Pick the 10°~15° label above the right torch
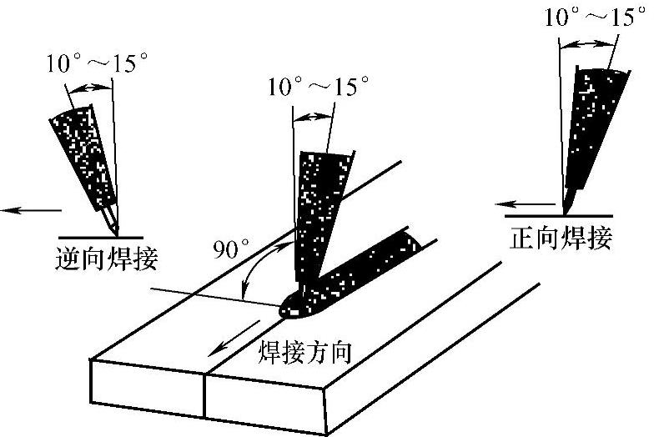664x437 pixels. coord(595,17)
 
